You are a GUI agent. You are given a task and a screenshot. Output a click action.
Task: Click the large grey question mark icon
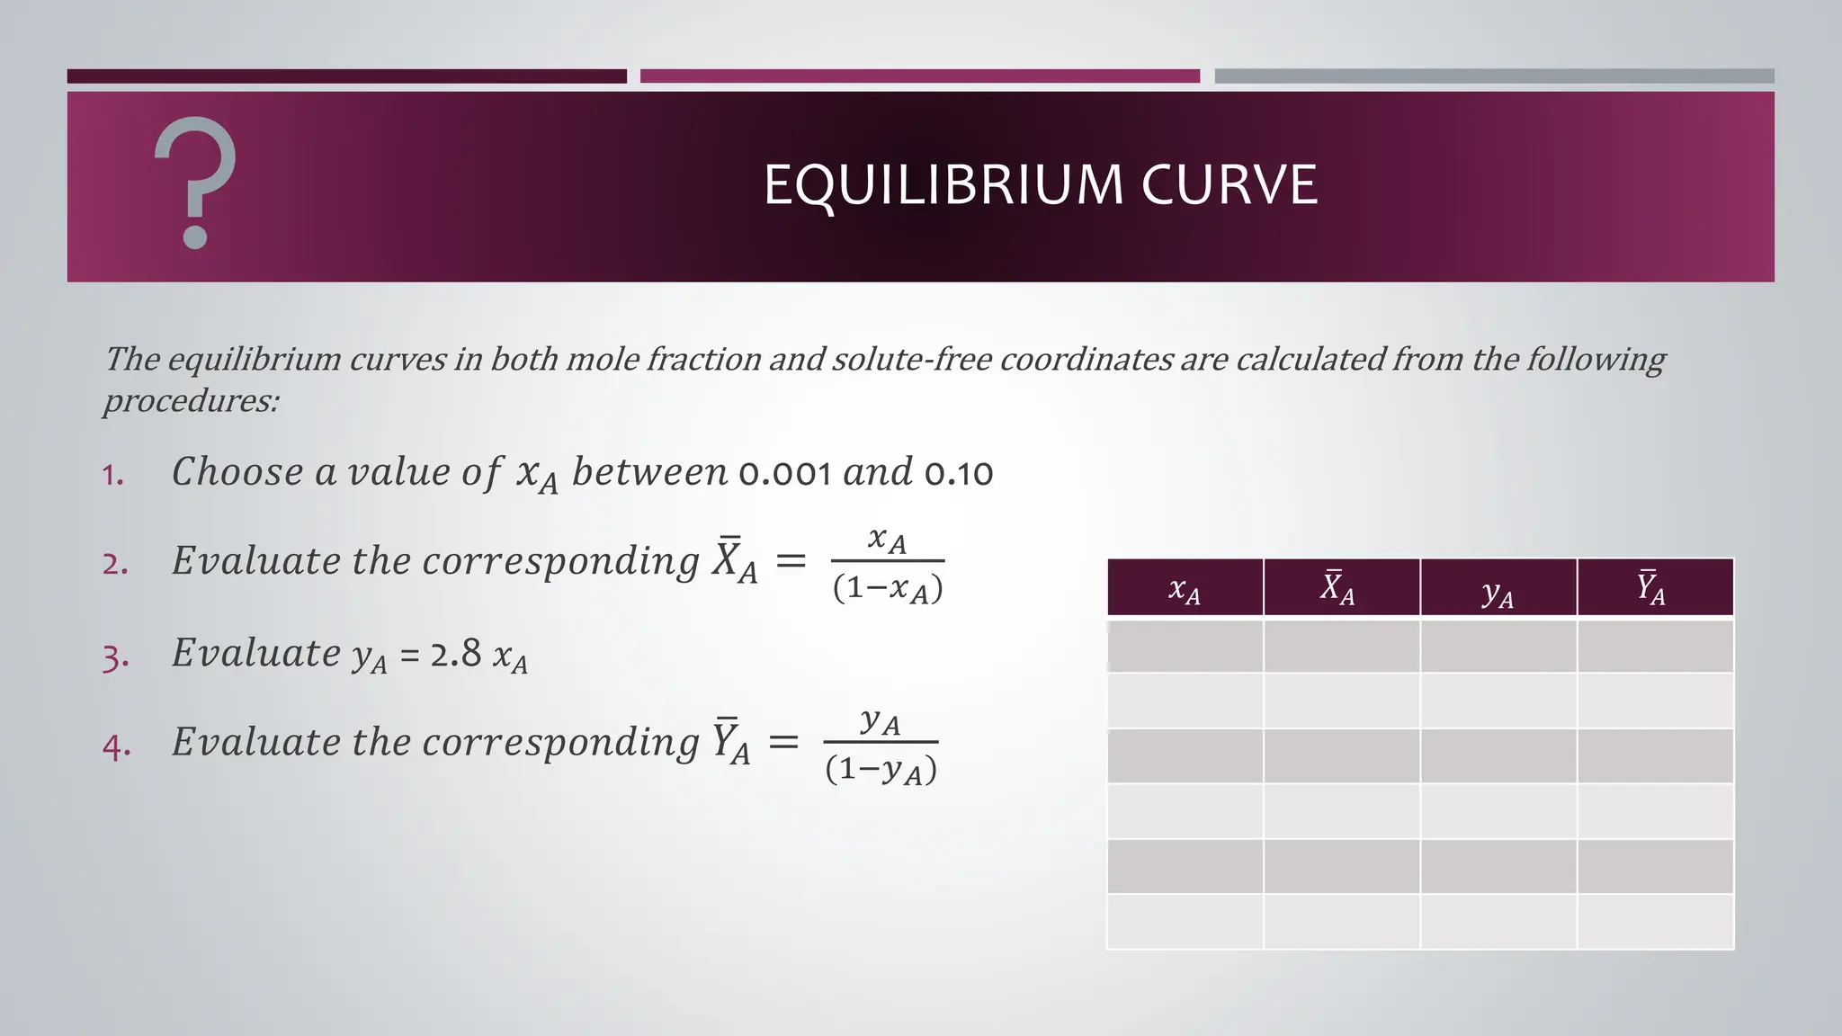coord(195,183)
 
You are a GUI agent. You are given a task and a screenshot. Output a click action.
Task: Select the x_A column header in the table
coord(1185,588)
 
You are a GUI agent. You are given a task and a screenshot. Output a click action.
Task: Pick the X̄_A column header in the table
coord(1340,588)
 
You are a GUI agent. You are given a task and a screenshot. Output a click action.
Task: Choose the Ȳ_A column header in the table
coord(1653,588)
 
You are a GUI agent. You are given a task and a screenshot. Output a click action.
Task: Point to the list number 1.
coord(112,475)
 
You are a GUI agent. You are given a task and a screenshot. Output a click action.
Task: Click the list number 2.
coord(115,564)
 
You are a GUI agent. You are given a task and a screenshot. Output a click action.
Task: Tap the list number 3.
coord(115,657)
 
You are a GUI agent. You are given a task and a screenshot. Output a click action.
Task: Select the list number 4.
coord(116,746)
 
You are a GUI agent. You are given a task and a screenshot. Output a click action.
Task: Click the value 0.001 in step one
coord(784,473)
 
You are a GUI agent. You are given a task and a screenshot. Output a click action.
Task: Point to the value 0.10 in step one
coord(959,473)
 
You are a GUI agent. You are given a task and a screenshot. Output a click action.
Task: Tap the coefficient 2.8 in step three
coord(455,654)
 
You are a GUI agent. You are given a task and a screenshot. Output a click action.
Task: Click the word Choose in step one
coord(237,472)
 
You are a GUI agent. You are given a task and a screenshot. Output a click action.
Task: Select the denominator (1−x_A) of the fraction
coord(888,589)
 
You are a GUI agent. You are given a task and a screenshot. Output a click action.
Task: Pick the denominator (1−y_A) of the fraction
coord(881,771)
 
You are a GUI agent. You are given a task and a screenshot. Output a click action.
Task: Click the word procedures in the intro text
coord(190,401)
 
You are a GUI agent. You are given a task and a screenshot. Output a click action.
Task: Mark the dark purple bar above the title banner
coord(346,76)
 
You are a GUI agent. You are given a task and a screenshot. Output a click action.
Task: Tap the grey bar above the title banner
coord(1494,76)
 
